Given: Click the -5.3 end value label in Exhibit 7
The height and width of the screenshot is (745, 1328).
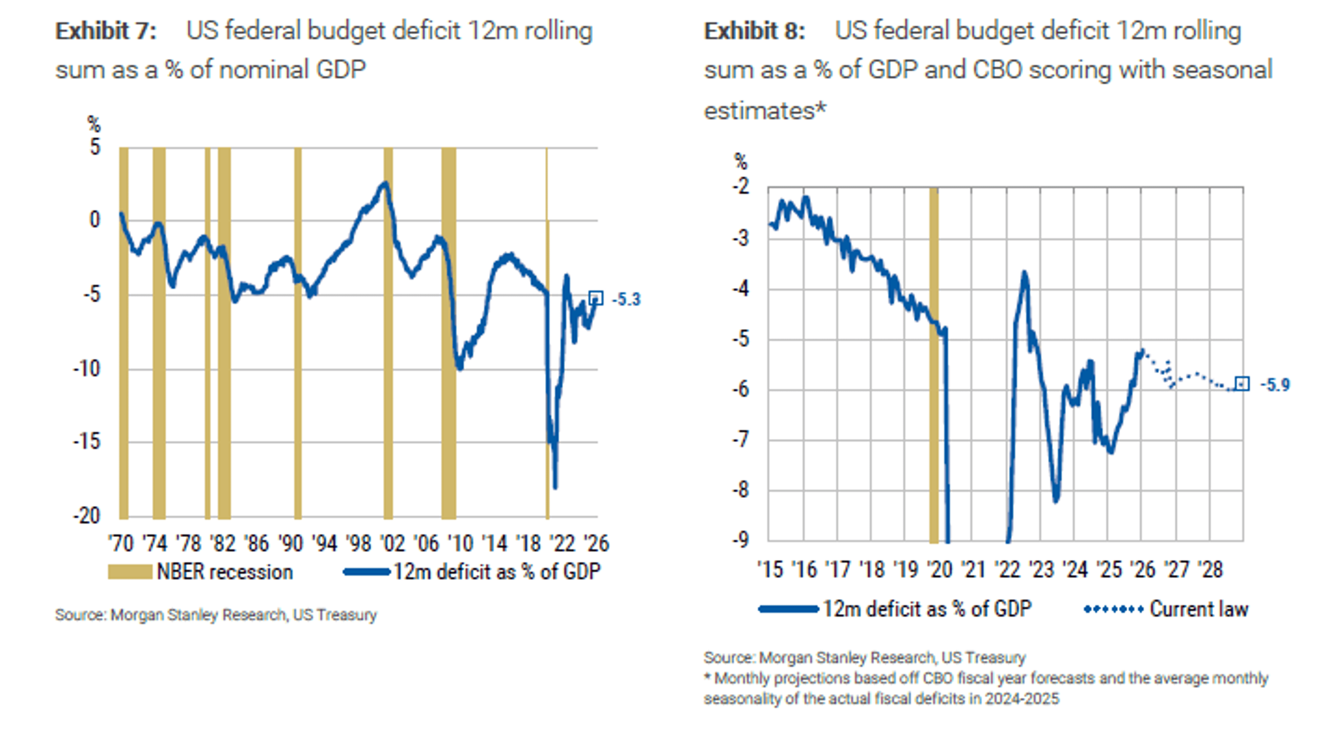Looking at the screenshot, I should [626, 299].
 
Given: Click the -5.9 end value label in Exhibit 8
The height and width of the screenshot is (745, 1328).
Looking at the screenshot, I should [1275, 385].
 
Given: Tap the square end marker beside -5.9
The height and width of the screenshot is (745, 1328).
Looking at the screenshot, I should [1243, 384].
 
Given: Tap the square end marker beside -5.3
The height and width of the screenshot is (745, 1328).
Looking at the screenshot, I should [596, 298].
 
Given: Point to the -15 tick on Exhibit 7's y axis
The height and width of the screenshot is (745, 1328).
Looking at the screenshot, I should [86, 441].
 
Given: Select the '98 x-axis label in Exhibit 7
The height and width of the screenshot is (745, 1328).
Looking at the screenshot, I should [358, 543].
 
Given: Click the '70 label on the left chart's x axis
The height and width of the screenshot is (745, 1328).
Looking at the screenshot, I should [121, 543].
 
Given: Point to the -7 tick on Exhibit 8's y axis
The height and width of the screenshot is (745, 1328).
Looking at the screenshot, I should [741, 440].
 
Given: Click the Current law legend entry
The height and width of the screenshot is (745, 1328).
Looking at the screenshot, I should [1199, 609].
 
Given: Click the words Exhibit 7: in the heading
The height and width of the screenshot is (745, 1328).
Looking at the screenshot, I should [106, 31].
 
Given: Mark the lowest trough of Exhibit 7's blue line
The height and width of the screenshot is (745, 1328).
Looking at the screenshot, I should [555, 486].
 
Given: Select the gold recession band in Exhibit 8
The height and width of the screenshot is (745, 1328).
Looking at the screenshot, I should [934, 361].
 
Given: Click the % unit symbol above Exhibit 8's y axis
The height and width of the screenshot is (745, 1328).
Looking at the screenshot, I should [741, 162].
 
